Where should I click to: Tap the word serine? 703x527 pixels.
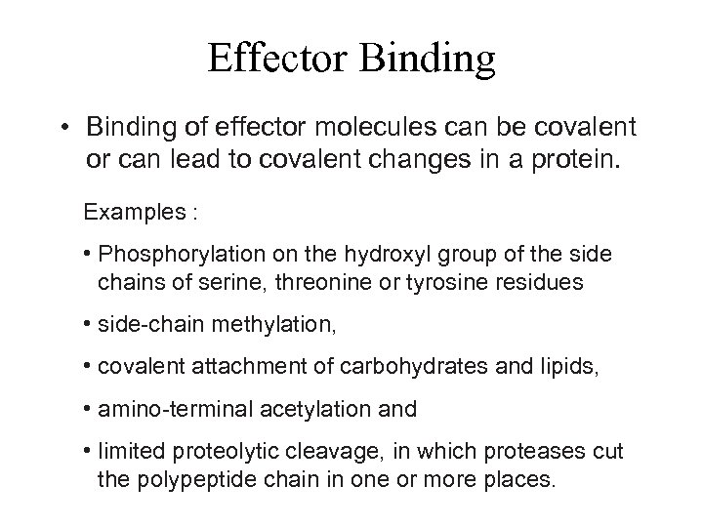click(x=231, y=283)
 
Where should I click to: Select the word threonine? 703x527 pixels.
click(x=308, y=283)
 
